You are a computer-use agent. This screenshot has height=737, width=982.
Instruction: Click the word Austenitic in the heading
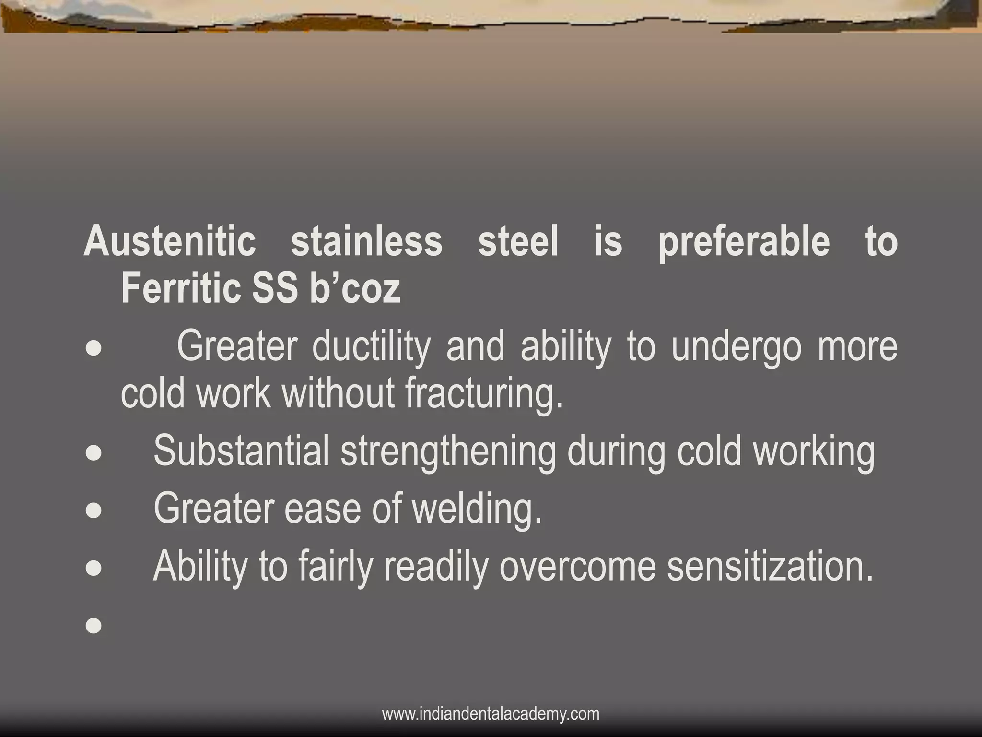tap(170, 241)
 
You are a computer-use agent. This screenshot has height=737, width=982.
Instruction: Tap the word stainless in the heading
tap(366, 241)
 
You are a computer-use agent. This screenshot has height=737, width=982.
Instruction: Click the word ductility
tap(371, 347)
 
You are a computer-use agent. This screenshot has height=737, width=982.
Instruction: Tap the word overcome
tap(577, 566)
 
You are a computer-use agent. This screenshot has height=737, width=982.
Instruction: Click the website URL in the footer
tap(491, 713)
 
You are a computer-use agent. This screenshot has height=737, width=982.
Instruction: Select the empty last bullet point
tap(94, 625)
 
